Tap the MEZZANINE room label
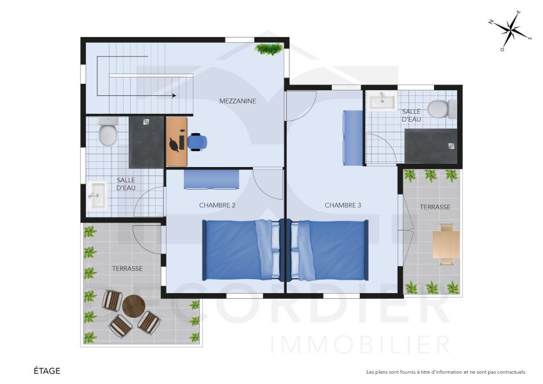(x=238, y=100)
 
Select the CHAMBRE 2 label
(x=217, y=205)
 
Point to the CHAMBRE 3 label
(x=343, y=205)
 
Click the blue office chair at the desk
(x=197, y=142)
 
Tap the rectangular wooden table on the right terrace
(x=446, y=243)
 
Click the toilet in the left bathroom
(x=108, y=132)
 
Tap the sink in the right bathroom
(x=383, y=100)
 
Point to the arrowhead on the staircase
(x=174, y=96)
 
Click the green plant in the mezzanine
(x=269, y=49)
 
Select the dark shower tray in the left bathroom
(x=147, y=142)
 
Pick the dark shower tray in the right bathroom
(x=431, y=145)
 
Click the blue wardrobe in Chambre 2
(x=211, y=180)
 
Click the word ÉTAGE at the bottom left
(x=47, y=371)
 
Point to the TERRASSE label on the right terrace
(x=435, y=207)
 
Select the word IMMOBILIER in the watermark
(x=361, y=344)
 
